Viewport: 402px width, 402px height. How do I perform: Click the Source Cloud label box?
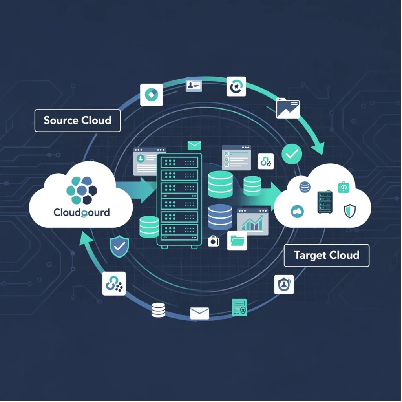[77, 120]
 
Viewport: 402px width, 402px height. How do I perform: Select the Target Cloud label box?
[326, 255]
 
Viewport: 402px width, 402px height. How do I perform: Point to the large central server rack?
[179, 200]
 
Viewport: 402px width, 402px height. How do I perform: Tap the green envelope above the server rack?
[194, 145]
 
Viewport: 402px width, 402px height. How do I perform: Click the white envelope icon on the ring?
[199, 313]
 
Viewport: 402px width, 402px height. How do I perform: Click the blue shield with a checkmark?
[119, 247]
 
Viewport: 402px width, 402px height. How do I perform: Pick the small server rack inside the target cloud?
[325, 202]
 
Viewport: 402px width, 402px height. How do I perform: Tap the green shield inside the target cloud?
[349, 210]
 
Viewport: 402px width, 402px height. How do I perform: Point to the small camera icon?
[213, 241]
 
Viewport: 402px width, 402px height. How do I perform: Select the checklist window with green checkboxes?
[236, 157]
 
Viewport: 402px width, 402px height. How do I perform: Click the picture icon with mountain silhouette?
[288, 108]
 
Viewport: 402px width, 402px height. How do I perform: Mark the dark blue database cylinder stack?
[220, 216]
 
